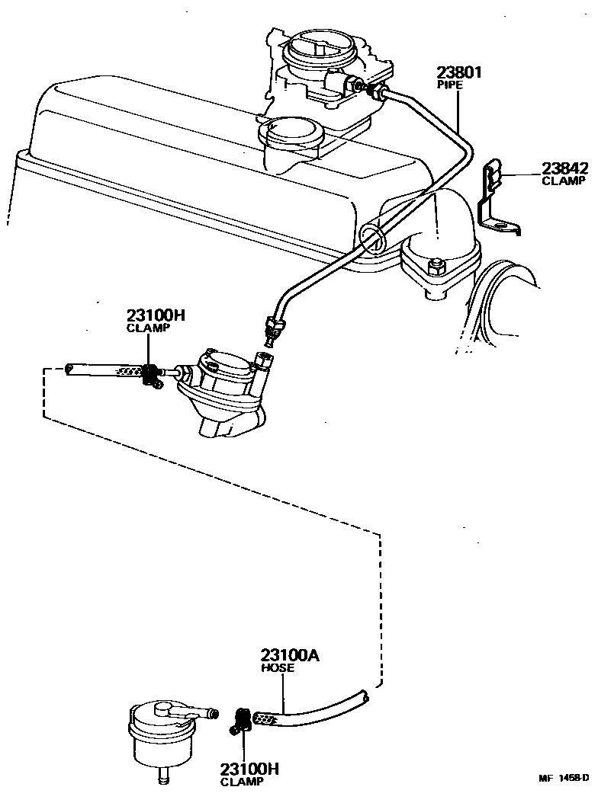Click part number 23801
[460, 74]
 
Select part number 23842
[564, 168]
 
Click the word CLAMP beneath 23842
[564, 181]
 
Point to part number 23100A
[290, 655]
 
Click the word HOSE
[275, 668]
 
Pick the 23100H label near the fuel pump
[156, 315]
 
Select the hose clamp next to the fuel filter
[241, 720]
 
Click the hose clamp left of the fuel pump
[151, 374]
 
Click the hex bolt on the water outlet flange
[437, 267]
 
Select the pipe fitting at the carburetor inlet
[375, 92]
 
